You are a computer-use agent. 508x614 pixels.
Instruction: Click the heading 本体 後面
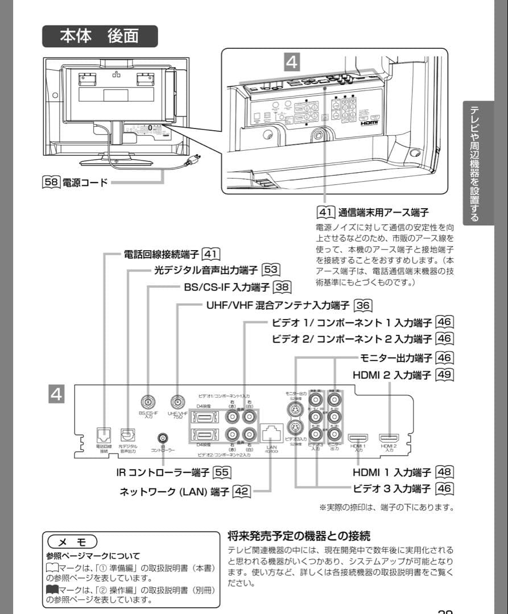[x=100, y=35]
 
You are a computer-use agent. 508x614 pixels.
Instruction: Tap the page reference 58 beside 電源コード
[x=51, y=183]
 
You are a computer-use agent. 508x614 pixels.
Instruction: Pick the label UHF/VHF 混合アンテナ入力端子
[x=278, y=305]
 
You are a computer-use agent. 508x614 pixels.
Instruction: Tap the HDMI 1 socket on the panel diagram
[x=358, y=438]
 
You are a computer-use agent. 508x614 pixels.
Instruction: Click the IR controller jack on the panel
[x=164, y=438]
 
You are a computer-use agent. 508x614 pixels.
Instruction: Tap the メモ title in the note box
[x=73, y=541]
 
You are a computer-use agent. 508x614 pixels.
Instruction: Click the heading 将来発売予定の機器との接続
[x=299, y=536]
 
